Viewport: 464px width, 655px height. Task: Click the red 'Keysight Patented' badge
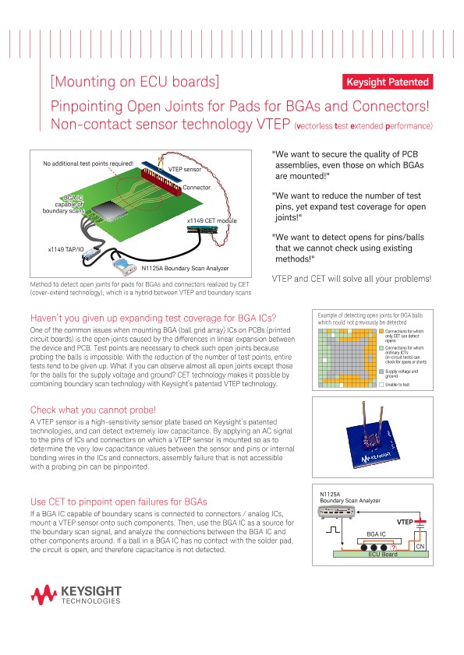(387, 82)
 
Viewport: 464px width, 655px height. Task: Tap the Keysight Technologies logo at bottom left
(76, 596)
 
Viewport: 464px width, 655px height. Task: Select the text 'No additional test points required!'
(88, 164)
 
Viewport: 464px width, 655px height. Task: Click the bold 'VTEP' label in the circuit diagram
(404, 521)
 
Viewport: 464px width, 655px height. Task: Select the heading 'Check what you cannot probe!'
(93, 410)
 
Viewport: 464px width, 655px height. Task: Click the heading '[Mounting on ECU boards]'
(134, 82)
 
